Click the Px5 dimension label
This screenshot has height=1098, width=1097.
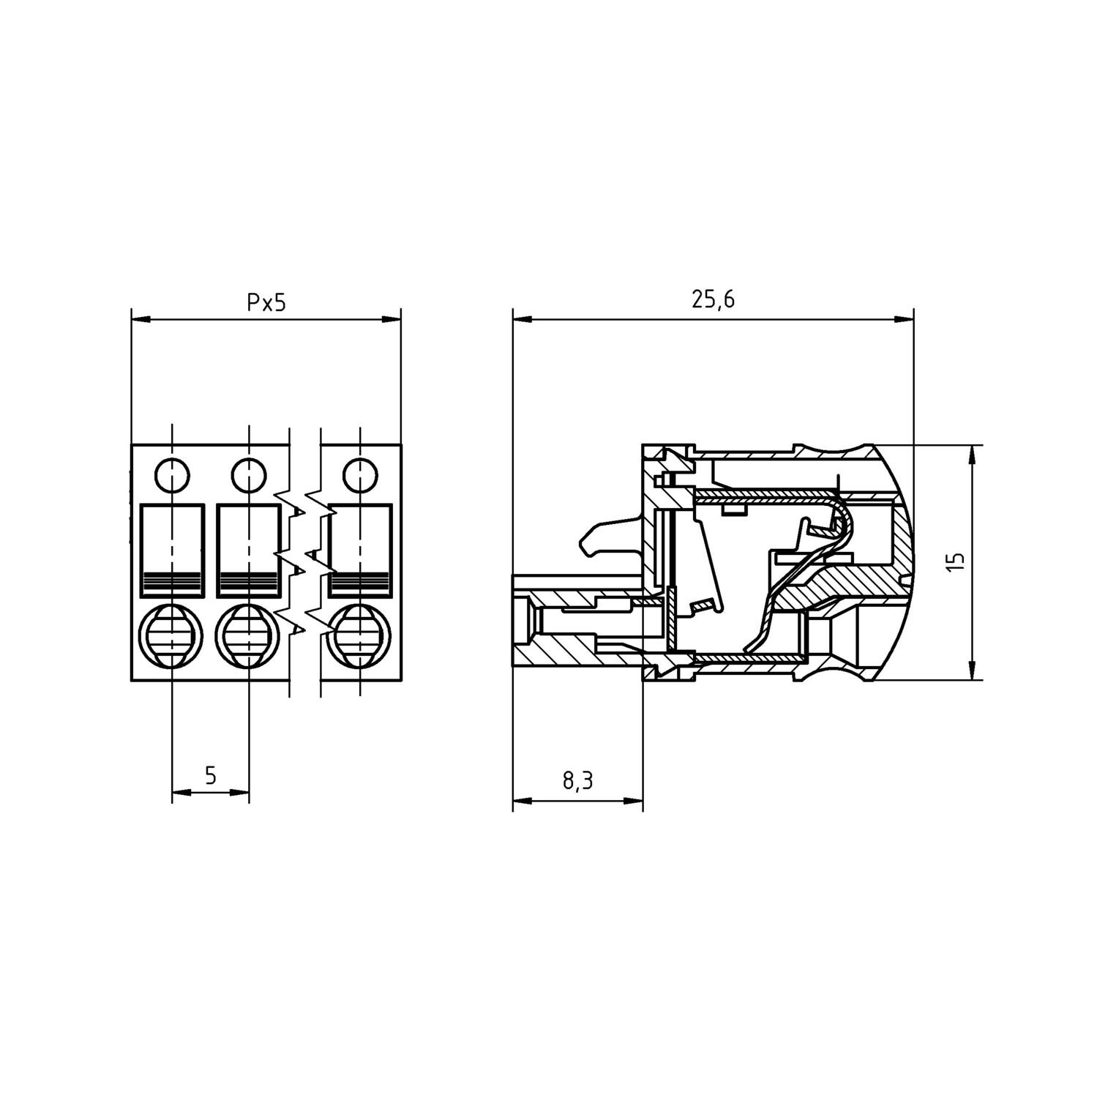266,302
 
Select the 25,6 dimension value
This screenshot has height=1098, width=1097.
714,301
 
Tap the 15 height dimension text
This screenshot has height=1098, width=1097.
956,561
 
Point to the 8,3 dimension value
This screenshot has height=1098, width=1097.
577,781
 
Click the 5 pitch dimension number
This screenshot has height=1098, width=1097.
211,775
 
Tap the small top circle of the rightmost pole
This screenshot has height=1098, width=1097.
359,476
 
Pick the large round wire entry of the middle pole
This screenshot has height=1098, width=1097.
247,634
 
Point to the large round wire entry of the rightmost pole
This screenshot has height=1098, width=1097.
358,634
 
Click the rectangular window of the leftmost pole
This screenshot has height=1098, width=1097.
172,550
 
